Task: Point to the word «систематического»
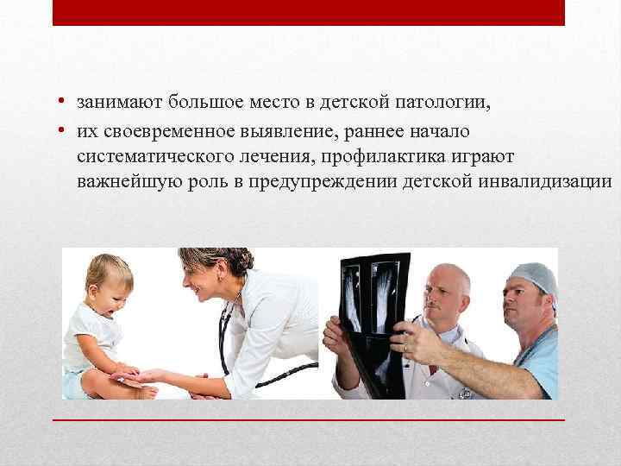coord(150,155)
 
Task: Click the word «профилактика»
coord(392,155)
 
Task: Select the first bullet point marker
coord(63,104)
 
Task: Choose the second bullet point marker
coord(63,130)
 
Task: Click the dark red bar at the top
coord(309,12)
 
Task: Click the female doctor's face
coord(202,280)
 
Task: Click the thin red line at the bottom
coord(309,419)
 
